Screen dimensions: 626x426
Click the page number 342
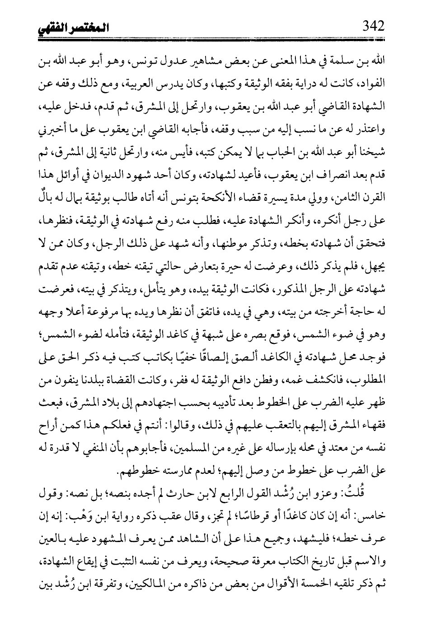[x=373, y=27]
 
